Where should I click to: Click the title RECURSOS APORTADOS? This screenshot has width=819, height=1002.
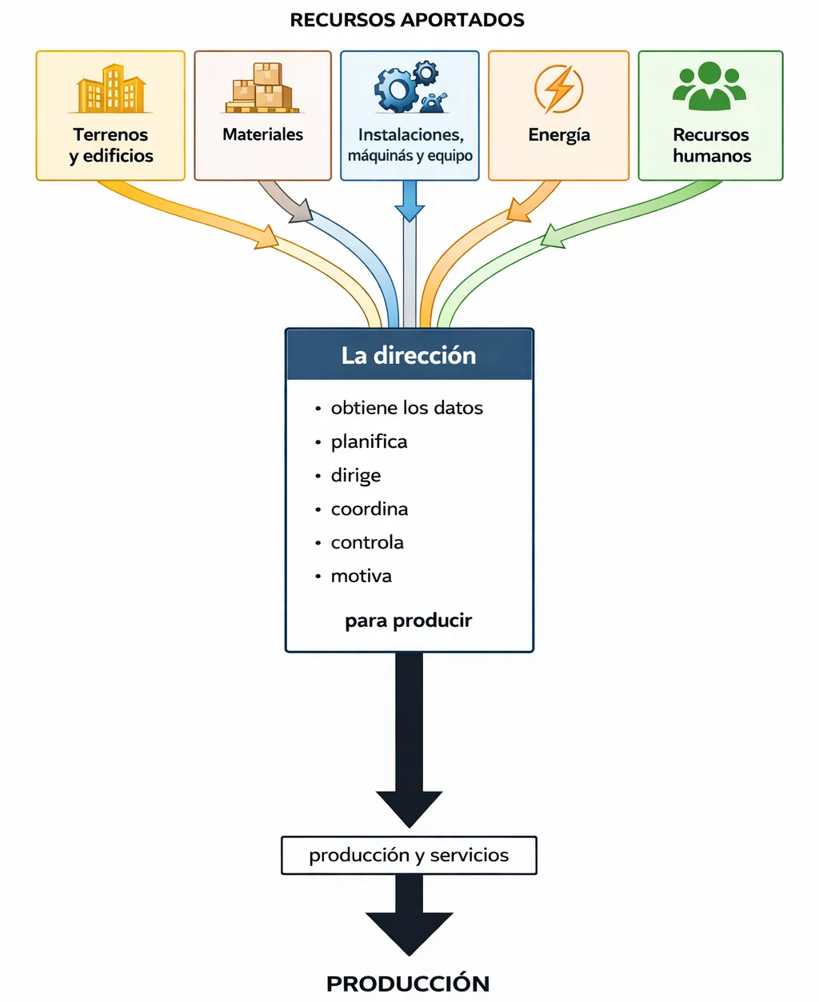407,20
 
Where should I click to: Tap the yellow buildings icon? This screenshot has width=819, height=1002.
110,89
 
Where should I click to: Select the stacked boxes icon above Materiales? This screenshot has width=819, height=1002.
262,88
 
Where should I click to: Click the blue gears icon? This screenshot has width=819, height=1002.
409,87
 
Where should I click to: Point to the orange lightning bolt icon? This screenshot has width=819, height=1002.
558,88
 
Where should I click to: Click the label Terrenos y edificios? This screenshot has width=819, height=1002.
110,145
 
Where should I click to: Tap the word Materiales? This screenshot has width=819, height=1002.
262,134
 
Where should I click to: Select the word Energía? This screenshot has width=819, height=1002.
558,134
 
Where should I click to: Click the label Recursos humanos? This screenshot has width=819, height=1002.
711,145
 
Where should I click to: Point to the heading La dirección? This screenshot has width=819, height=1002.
409,355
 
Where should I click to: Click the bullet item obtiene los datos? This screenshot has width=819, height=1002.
406,408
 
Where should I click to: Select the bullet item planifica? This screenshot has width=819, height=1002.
369,441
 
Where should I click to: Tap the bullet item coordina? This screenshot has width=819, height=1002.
369,509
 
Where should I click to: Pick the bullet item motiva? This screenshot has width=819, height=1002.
361,576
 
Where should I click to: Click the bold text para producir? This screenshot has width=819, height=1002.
408,621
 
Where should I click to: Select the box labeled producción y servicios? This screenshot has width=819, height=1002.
409,855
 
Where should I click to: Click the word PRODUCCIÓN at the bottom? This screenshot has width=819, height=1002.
408,983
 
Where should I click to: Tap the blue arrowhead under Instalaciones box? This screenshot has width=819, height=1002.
409,213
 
